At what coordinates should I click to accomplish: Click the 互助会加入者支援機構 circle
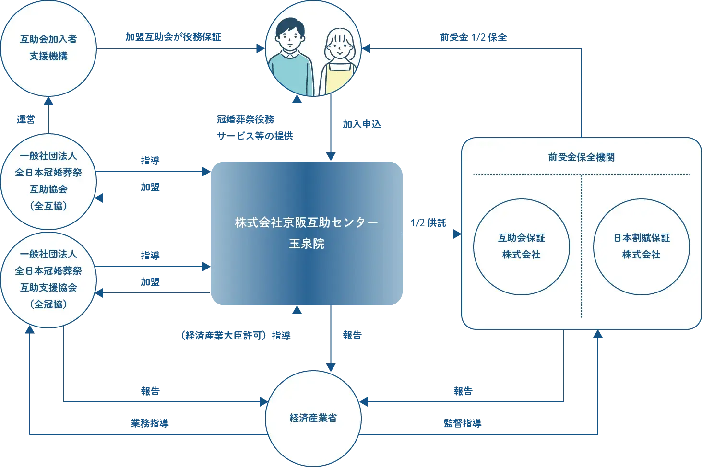[x=48, y=48]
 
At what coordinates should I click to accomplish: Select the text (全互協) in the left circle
[x=48, y=206]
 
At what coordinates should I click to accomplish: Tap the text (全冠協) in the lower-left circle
[x=48, y=304]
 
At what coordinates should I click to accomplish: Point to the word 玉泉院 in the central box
[x=307, y=244]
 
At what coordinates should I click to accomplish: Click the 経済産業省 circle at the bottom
[x=313, y=418]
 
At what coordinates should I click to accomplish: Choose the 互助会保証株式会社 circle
[x=521, y=246]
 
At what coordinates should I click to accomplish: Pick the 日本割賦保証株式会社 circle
[x=641, y=246]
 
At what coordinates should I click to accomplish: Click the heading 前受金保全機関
[x=581, y=157]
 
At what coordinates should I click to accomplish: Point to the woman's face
[x=340, y=48]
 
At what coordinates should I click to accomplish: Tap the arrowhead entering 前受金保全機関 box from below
[x=598, y=335]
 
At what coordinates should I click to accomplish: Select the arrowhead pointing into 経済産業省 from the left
[x=262, y=401]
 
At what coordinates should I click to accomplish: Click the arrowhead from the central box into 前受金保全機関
[x=456, y=234]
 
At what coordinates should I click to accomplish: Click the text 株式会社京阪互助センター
[x=307, y=223]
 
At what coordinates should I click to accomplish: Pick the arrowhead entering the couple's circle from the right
[x=367, y=48]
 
